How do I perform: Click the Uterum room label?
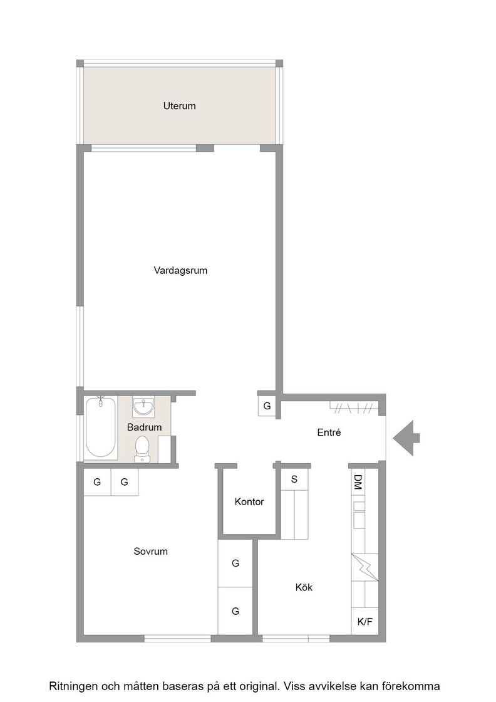pyautogui.click(x=179, y=106)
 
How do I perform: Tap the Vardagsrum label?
pyautogui.click(x=180, y=270)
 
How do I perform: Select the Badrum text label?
pyautogui.click(x=144, y=427)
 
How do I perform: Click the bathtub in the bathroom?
pyautogui.click(x=101, y=427)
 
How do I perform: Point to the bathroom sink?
pyautogui.click(x=143, y=407)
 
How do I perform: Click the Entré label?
pyautogui.click(x=329, y=432)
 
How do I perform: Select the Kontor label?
pyautogui.click(x=249, y=502)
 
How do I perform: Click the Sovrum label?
pyautogui.click(x=151, y=552)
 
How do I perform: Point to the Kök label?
pyautogui.click(x=304, y=587)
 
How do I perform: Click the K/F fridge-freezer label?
pyautogui.click(x=365, y=621)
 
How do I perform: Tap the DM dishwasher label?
pyautogui.click(x=358, y=482)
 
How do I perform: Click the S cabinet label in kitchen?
pyautogui.click(x=294, y=479)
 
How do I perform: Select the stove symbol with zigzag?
pyautogui.click(x=365, y=567)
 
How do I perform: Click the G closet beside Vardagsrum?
pyautogui.click(x=267, y=407)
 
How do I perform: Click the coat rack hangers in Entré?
pyautogui.click(x=354, y=408)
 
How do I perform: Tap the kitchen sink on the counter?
pyautogui.click(x=359, y=515)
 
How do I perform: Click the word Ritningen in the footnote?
pyautogui.click(x=73, y=686)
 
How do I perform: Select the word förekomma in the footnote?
pyautogui.click(x=415, y=686)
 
